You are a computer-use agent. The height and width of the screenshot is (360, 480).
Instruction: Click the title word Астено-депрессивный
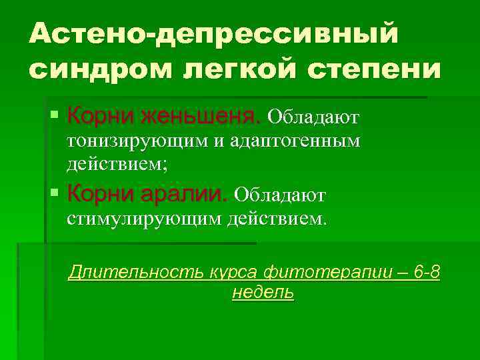point(213,33)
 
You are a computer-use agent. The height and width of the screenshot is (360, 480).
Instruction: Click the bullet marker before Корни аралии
point(53,193)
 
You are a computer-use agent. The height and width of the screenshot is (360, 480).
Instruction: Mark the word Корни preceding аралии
point(101,194)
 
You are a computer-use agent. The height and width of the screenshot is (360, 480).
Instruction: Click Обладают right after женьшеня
point(313,117)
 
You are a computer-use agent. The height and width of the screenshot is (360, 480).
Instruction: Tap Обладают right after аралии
point(280,195)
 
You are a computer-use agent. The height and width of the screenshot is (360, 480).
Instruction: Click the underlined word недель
point(263,292)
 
